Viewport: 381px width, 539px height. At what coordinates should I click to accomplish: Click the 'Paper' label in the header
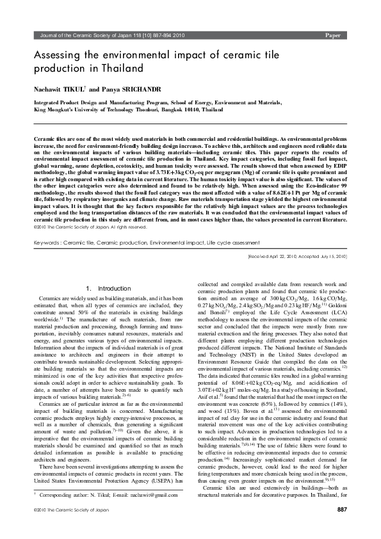(333, 35)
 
